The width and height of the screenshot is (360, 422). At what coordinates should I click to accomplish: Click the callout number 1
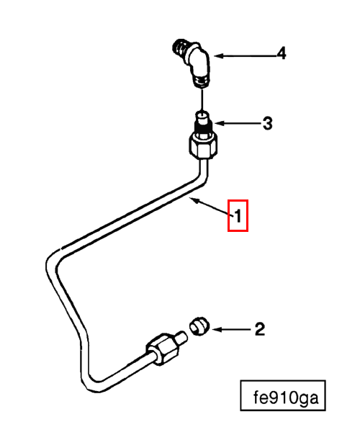pyautogui.click(x=238, y=216)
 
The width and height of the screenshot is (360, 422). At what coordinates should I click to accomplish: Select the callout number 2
pyautogui.click(x=260, y=329)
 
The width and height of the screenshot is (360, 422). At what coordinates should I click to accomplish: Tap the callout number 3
pyautogui.click(x=267, y=124)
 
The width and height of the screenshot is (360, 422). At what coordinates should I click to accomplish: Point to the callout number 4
pyautogui.click(x=282, y=53)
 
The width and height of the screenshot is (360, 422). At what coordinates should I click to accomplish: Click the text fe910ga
pyautogui.click(x=286, y=398)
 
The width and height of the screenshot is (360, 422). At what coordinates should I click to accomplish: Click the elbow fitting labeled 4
pyautogui.click(x=194, y=63)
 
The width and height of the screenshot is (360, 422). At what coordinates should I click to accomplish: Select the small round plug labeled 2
pyautogui.click(x=199, y=326)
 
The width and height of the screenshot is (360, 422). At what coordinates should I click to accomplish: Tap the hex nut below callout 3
pyautogui.click(x=203, y=147)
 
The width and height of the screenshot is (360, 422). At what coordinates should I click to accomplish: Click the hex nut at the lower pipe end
pyautogui.click(x=163, y=349)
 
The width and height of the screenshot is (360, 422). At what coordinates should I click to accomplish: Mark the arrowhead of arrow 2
pyautogui.click(x=216, y=329)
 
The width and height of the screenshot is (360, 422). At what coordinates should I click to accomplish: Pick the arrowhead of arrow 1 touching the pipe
pyautogui.click(x=194, y=200)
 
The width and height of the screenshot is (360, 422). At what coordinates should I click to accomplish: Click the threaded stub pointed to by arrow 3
pyautogui.click(x=203, y=122)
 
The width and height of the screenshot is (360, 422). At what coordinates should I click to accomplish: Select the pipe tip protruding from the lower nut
pyautogui.click(x=181, y=338)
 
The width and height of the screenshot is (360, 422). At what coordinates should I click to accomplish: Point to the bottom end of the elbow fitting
pyautogui.click(x=202, y=82)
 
